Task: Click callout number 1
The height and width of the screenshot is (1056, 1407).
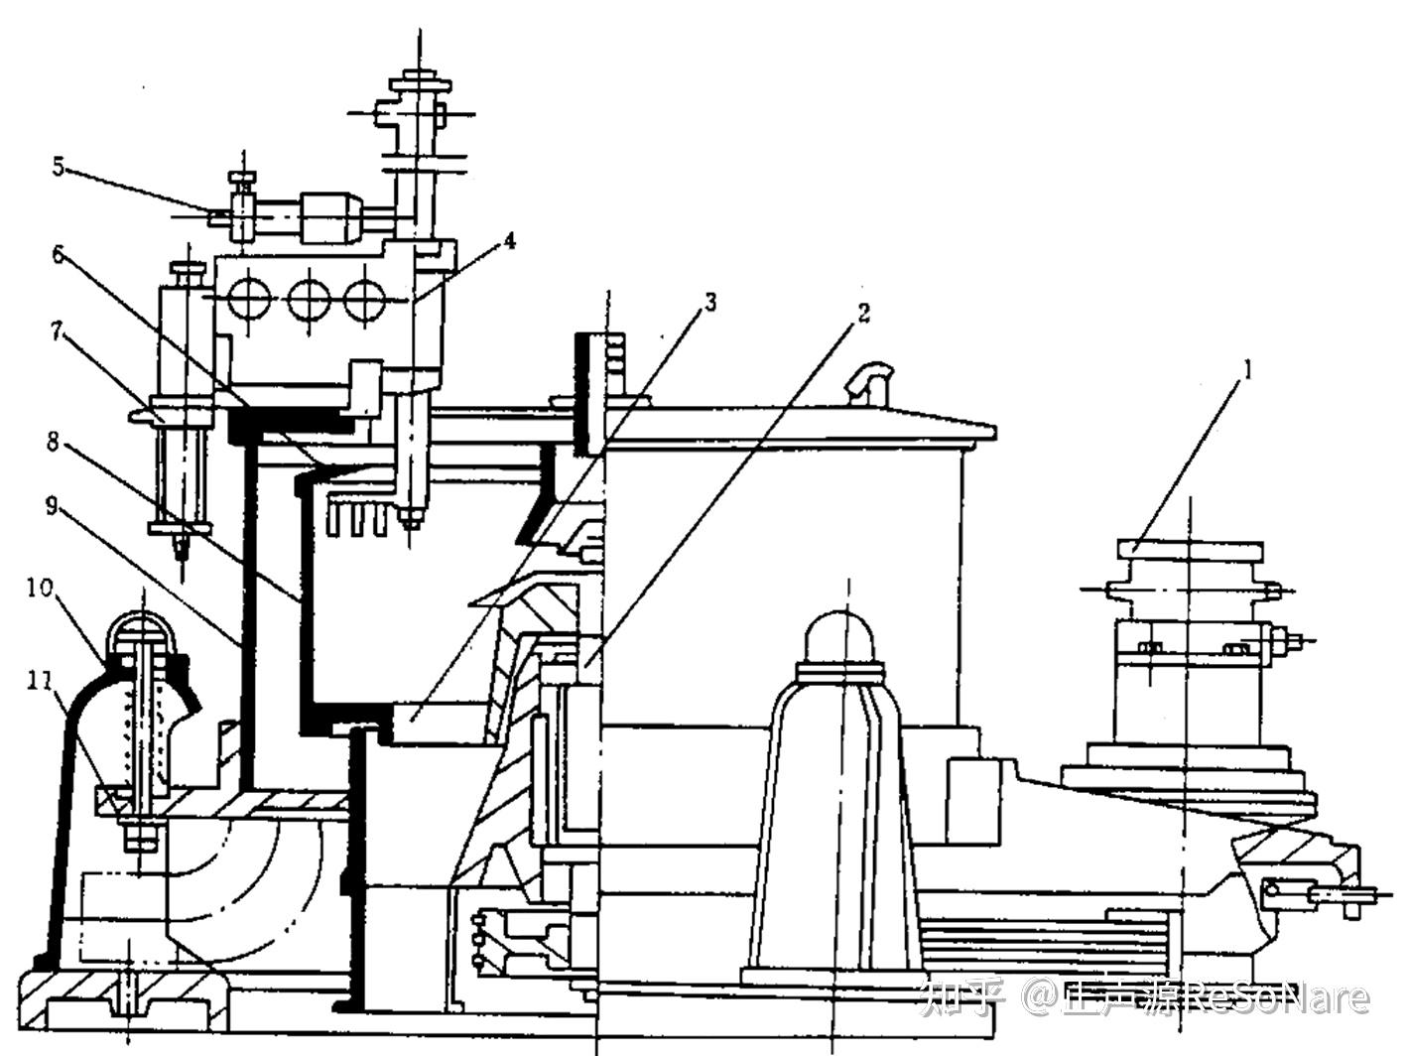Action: [x=1248, y=371]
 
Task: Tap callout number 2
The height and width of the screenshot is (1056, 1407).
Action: [x=863, y=314]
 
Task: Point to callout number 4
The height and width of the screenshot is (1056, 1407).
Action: [x=509, y=240]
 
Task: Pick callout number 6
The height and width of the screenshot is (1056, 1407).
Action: [x=58, y=255]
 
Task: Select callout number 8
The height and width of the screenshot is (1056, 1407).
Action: [x=54, y=441]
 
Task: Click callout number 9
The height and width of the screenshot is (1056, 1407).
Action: [x=56, y=506]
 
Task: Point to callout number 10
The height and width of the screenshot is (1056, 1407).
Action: [x=40, y=588]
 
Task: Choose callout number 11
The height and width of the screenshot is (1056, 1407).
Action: [x=40, y=681]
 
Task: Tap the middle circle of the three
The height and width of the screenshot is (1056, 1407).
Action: [x=308, y=297]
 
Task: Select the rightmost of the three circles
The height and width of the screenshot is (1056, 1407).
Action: [x=365, y=297]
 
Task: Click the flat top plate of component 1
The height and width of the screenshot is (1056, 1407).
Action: [x=1190, y=548]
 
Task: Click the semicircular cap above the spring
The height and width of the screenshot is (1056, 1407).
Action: [x=145, y=629]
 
